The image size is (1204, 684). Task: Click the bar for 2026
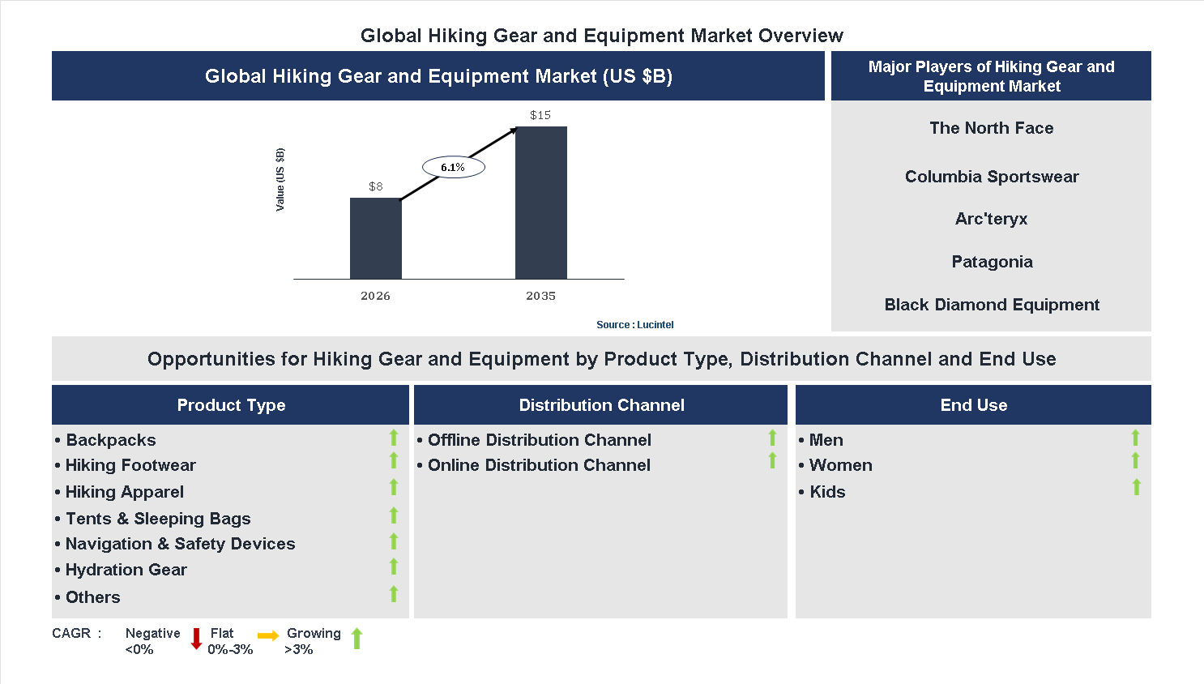(375, 238)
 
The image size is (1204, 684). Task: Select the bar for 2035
(540, 203)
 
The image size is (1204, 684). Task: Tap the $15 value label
(540, 115)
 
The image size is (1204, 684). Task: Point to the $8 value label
(375, 186)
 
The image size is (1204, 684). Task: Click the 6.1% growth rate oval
(453, 168)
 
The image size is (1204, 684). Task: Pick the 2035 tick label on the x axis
(540, 296)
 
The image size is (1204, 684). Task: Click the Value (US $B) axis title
(280, 180)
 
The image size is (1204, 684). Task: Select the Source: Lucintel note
(634, 325)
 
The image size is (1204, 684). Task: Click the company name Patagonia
(992, 262)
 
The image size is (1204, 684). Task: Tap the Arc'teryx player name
(991, 219)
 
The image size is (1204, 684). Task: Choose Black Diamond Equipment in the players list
(992, 305)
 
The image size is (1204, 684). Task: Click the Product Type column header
(231, 405)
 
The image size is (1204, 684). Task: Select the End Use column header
(973, 405)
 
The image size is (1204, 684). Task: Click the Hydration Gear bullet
(126, 570)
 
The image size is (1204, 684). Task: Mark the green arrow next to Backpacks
(394, 438)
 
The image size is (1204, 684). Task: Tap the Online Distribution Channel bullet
(539, 465)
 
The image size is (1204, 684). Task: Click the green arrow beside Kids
(1136, 487)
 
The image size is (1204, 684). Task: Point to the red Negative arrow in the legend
(196, 639)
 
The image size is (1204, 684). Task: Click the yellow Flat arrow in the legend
(268, 636)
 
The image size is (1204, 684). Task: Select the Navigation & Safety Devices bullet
(180, 544)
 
